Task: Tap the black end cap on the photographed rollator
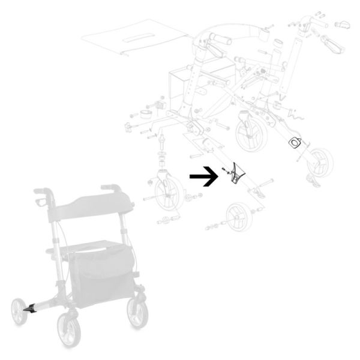coord(28,309)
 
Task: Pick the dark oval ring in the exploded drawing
coord(296,142)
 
